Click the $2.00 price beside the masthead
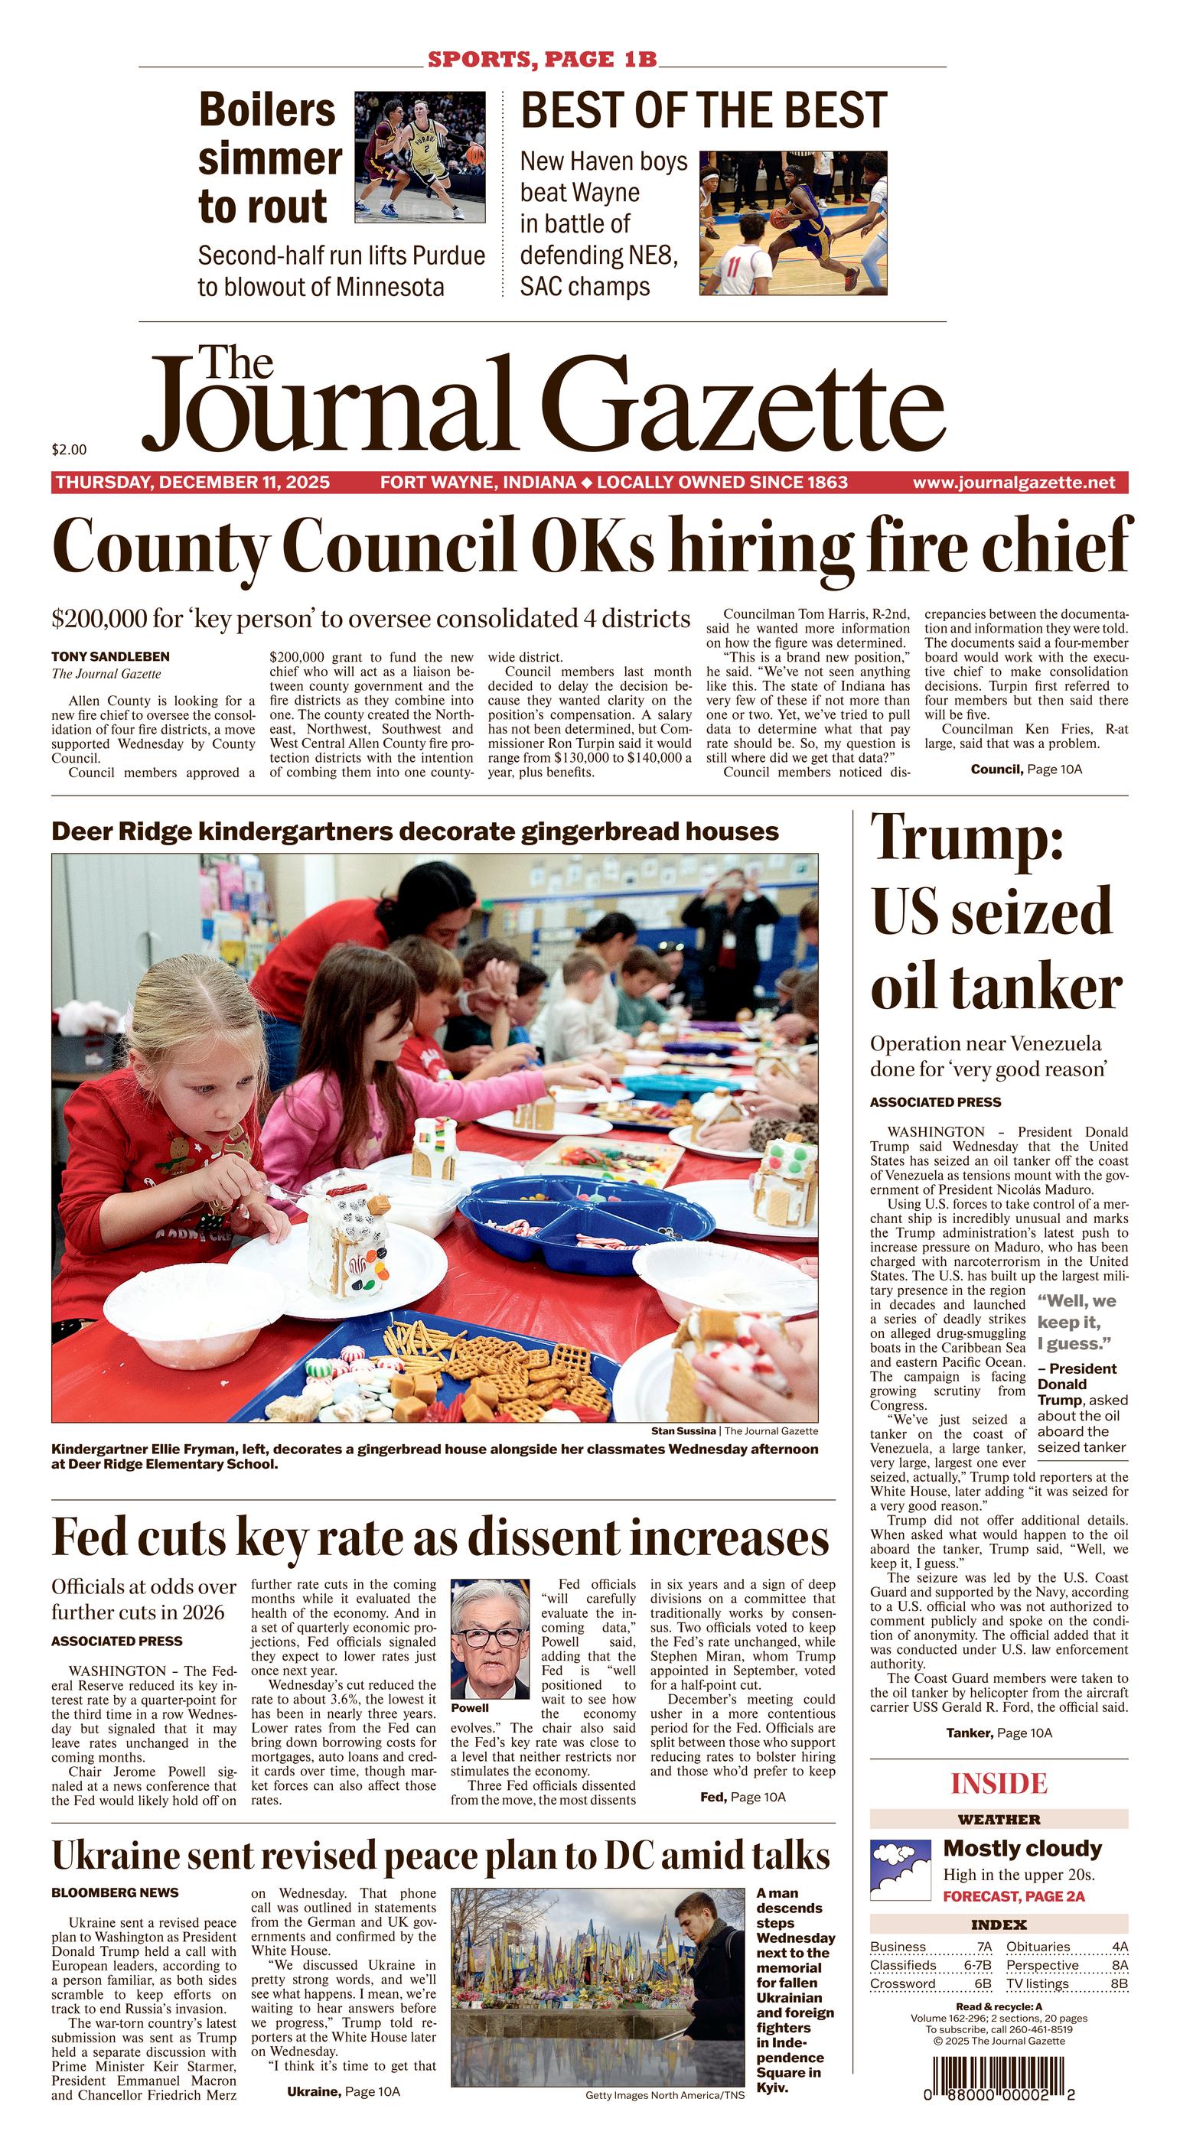(x=69, y=450)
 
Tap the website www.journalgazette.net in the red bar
(x=1014, y=483)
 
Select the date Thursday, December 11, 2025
(x=192, y=483)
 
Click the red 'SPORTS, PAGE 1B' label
(x=542, y=60)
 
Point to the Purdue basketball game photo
(x=420, y=158)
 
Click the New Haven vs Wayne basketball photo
(x=793, y=223)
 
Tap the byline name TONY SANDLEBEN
(x=110, y=656)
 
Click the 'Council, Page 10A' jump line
(x=1026, y=769)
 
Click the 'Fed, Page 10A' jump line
(x=742, y=1797)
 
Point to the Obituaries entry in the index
(x=1038, y=1947)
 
